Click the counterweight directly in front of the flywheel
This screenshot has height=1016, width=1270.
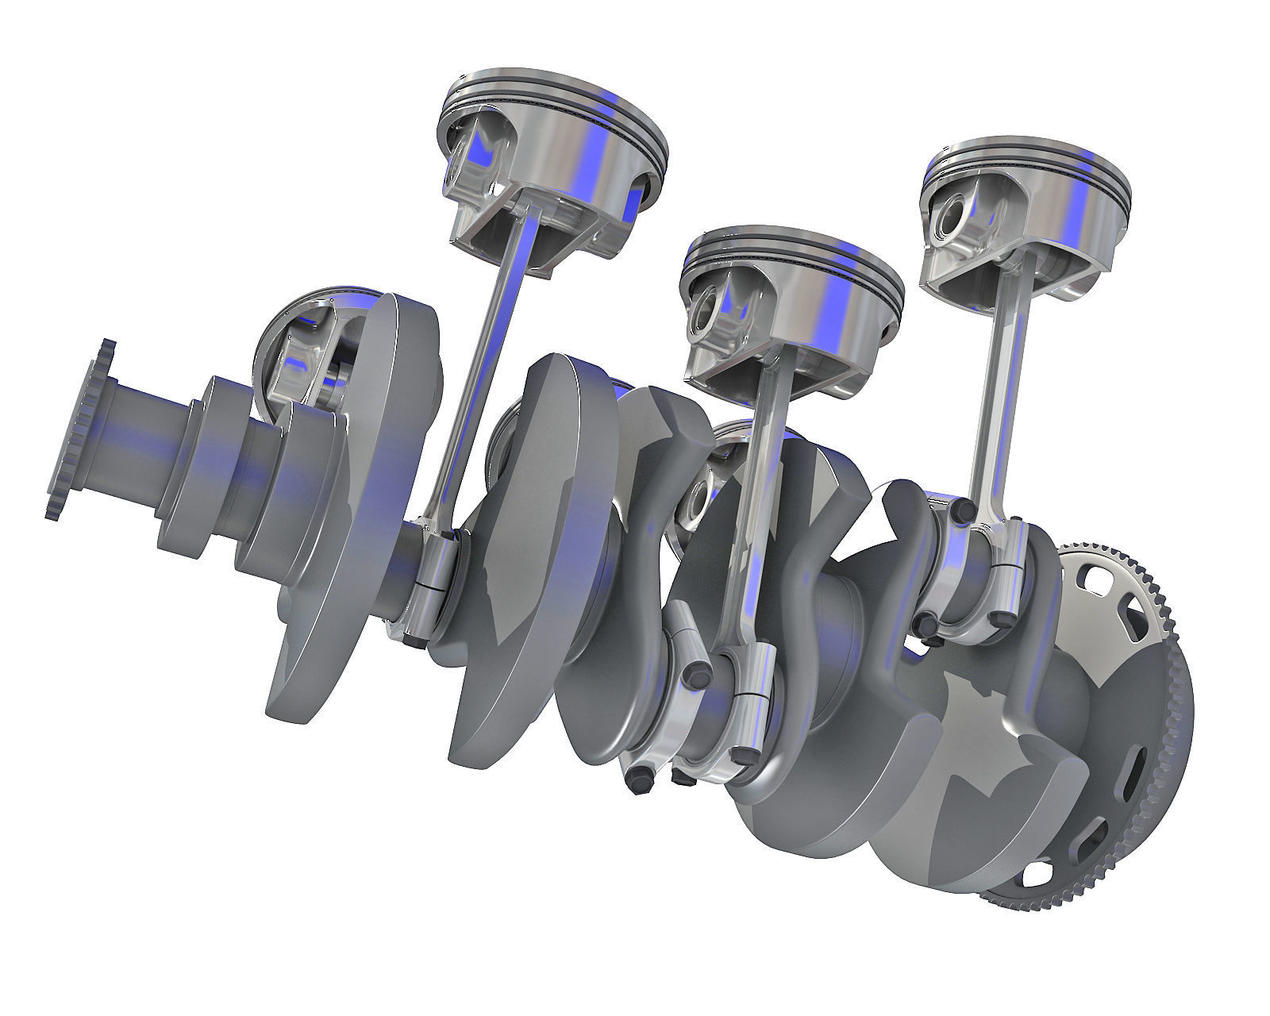[976, 754]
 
